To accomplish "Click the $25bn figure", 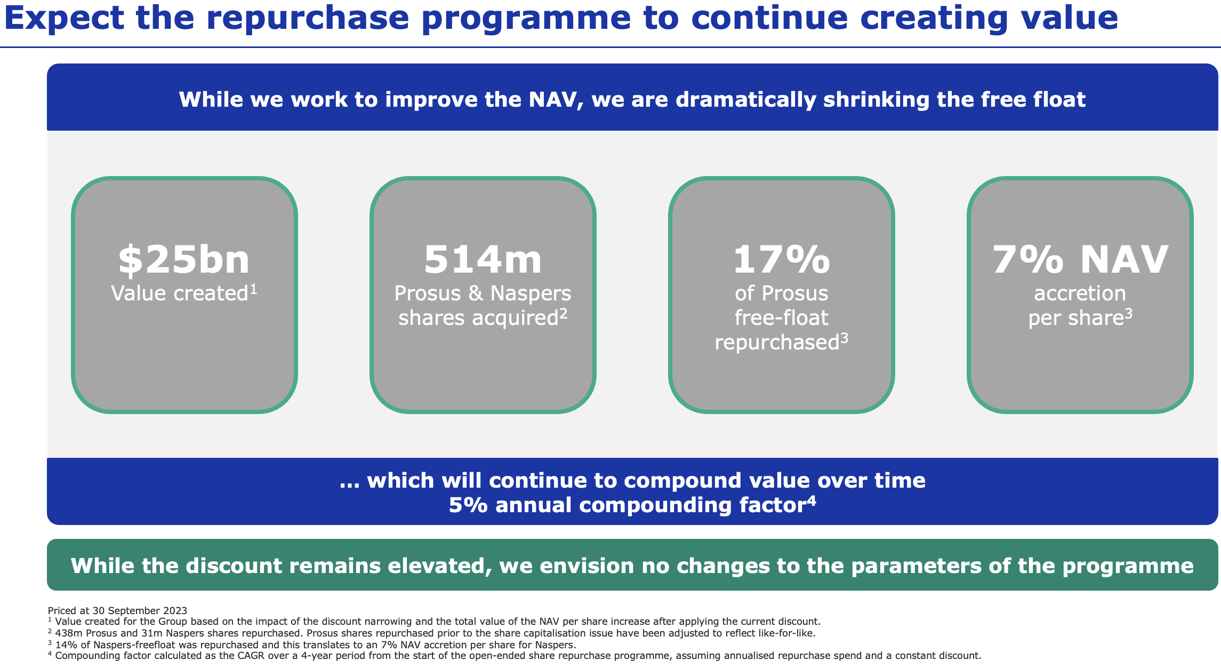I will click(x=184, y=260).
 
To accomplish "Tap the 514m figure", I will click(x=483, y=260).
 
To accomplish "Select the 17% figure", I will click(x=781, y=260).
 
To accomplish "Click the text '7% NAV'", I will click(x=1080, y=260).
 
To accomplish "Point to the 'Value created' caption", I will click(x=180, y=293).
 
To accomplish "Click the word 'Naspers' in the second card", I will click(x=531, y=293).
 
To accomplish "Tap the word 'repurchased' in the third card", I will click(x=777, y=343).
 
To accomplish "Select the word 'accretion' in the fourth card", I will click(x=1080, y=293).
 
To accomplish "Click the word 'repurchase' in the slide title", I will click(x=308, y=17).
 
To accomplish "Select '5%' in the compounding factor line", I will click(x=468, y=505).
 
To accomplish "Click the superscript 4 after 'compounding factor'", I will click(x=811, y=500).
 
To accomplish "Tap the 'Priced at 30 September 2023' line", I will click(x=117, y=610).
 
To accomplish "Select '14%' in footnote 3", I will click(x=65, y=645).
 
